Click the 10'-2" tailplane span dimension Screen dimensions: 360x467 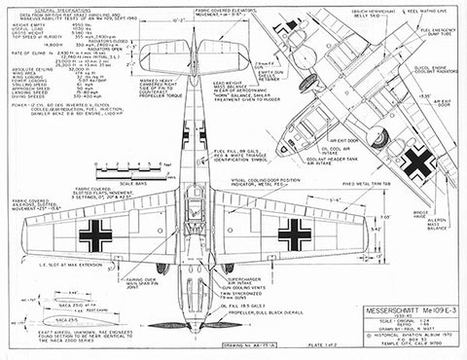click(x=205, y=17)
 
